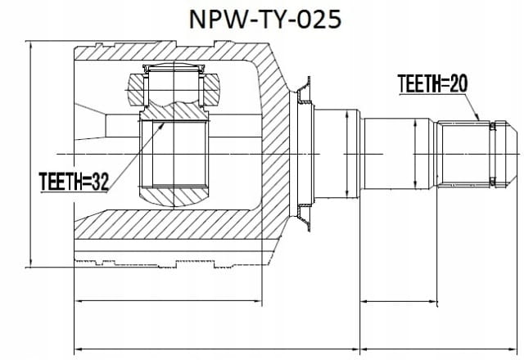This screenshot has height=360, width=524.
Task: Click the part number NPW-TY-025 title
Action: tap(265, 19)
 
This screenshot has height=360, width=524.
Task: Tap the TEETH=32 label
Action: tap(74, 182)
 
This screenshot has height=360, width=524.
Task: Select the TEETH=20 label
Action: tap(432, 83)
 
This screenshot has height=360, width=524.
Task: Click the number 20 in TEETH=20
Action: tap(458, 83)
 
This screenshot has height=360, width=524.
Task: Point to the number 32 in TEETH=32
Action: tap(100, 182)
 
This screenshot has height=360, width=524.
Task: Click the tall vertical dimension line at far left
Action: tap(31, 154)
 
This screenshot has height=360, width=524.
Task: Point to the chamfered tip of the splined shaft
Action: tap(511, 154)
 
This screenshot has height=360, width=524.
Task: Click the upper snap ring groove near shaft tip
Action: tap(492, 126)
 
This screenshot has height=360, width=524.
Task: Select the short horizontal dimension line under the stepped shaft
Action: tap(399, 302)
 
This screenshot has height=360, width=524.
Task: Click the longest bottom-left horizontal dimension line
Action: tap(216, 349)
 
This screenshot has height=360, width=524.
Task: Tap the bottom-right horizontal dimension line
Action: tap(439, 349)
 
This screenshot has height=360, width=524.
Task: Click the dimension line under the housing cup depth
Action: tap(168, 301)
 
